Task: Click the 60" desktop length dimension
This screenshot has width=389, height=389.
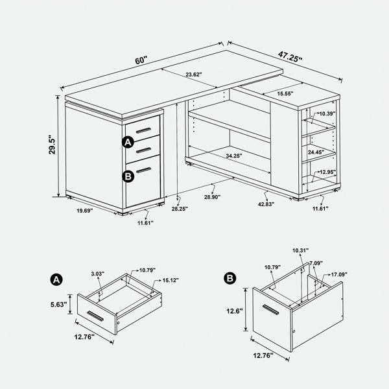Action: tap(141, 60)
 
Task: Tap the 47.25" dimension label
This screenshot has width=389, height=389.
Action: tap(290, 57)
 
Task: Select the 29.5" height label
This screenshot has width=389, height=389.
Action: tap(52, 145)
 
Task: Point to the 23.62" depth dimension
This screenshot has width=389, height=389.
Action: tap(194, 75)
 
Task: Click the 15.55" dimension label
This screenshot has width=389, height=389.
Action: tap(285, 93)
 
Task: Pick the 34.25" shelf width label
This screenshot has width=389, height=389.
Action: tap(234, 156)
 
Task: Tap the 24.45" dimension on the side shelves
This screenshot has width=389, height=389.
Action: tap(316, 152)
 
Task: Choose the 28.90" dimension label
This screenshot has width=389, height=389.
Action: tap(213, 197)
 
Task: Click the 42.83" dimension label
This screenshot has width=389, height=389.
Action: tap(266, 204)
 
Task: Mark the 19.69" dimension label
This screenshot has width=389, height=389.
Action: tap(84, 211)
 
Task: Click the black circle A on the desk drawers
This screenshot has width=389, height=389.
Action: tap(128, 142)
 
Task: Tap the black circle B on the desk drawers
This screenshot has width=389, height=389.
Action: tap(128, 176)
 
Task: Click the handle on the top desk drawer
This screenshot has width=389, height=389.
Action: tap(143, 130)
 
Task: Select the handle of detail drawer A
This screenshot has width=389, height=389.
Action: tap(95, 316)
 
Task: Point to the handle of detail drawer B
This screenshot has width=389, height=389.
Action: tap(270, 309)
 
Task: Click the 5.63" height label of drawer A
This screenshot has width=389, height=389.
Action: tap(59, 305)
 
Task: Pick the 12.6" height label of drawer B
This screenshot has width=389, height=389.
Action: tap(235, 311)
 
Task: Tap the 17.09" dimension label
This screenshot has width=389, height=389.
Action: tap(339, 274)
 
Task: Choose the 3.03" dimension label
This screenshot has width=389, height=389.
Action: tap(97, 274)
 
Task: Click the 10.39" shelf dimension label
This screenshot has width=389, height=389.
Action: tap(327, 113)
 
